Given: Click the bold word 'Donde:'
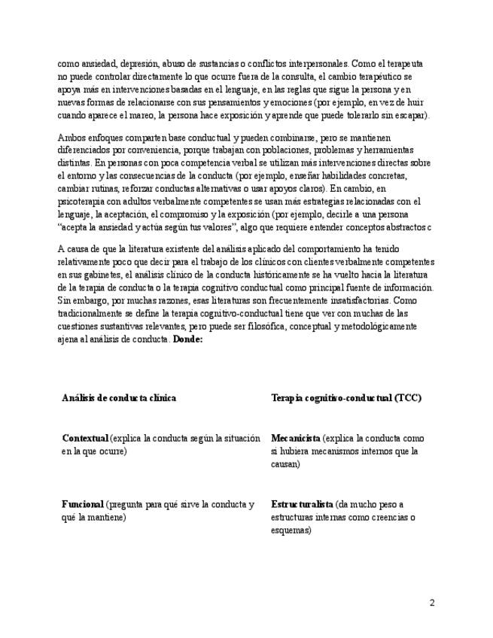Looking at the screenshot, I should pos(187,340).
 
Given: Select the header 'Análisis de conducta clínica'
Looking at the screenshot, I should pos(119,397).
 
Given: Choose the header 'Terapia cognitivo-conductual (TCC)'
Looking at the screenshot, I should pos(345,397).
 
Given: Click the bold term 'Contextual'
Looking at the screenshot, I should pos(84,438).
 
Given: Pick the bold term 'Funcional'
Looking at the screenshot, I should pos(82,504).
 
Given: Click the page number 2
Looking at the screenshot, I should pos(432,602).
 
